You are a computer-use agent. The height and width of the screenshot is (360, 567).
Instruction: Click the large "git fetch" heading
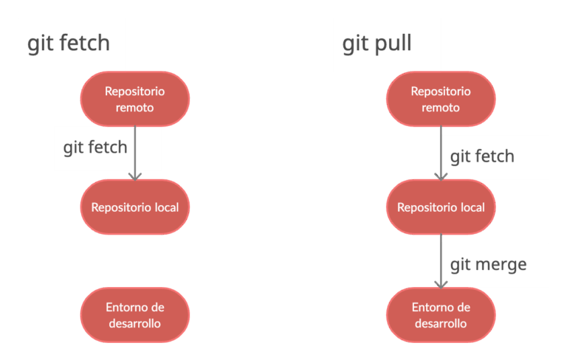(68, 44)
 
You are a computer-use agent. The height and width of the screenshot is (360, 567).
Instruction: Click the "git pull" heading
(377, 44)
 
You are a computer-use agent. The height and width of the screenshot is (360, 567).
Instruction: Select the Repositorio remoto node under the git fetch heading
(135, 99)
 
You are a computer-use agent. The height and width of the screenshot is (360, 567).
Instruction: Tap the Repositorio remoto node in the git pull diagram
(441, 99)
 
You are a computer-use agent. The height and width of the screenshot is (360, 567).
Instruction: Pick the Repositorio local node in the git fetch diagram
(135, 207)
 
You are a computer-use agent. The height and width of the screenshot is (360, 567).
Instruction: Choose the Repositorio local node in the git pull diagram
(441, 207)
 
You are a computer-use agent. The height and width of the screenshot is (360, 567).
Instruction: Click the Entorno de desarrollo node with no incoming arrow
(135, 315)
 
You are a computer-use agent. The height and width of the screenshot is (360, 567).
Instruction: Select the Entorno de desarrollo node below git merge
(441, 315)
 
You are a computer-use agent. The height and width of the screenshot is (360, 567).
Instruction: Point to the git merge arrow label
(488, 264)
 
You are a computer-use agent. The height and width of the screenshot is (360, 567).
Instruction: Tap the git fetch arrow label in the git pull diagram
(482, 156)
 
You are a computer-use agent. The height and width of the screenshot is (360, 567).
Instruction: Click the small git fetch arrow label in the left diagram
(95, 148)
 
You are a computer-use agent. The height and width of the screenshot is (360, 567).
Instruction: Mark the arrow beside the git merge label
(441, 258)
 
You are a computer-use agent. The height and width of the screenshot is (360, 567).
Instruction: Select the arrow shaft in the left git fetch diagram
(135, 148)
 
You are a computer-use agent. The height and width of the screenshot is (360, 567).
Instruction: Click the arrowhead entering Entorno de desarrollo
(441, 283)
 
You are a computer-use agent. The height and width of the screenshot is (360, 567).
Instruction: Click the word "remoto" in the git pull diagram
(441, 108)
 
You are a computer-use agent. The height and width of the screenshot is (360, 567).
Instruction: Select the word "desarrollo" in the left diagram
(135, 323)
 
